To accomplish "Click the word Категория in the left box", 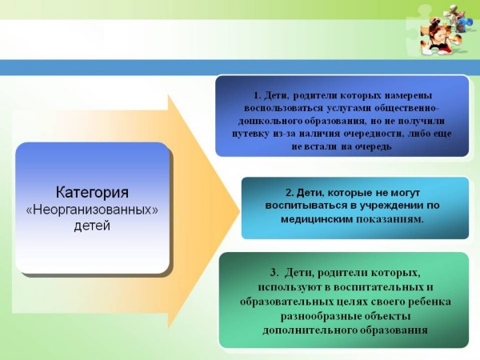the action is pyautogui.click(x=92, y=193).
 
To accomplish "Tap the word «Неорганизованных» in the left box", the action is pyautogui.click(x=92, y=210).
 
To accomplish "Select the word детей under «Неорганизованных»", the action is pyautogui.click(x=92, y=226).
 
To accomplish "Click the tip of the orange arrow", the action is pyautogui.click(x=239, y=211).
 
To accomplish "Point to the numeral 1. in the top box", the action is pyautogui.click(x=257, y=95).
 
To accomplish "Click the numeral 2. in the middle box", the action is pyautogui.click(x=290, y=193).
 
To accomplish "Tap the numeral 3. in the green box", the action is pyautogui.click(x=274, y=273).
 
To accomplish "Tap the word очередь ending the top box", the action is pyautogui.click(x=373, y=146).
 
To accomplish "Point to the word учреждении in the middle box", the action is pyautogui.click(x=390, y=206).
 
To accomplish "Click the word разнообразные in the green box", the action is pyautogui.click(x=320, y=316).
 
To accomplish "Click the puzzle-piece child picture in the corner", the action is pyautogui.click(x=442, y=31).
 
